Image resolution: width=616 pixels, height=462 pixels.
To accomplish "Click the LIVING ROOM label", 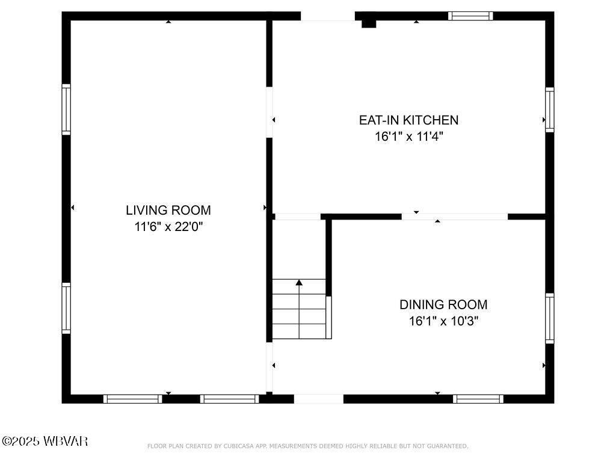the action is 168,210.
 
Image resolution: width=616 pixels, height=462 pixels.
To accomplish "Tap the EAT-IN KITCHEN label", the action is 408,120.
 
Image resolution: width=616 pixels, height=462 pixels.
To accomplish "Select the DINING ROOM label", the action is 443,304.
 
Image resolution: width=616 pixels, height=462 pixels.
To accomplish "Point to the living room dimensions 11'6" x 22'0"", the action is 168,227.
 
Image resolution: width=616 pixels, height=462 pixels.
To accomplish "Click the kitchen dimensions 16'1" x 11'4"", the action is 408,137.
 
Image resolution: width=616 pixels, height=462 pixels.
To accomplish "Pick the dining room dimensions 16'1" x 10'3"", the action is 443,321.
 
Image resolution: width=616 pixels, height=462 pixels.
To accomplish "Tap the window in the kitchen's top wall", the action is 470,16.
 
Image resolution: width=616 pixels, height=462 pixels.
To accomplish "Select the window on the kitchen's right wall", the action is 550,109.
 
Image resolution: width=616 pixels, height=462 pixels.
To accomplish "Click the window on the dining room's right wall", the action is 550,318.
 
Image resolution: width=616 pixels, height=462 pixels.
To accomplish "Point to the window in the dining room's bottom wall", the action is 478,399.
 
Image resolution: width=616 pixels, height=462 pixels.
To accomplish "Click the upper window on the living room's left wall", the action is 66,109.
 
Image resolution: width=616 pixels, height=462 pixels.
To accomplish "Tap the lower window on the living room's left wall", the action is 66,309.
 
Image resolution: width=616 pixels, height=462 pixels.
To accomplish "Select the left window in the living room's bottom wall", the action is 133,399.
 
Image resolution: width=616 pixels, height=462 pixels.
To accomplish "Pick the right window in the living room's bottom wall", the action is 229,399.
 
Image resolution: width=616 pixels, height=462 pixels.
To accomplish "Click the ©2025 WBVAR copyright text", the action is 45,441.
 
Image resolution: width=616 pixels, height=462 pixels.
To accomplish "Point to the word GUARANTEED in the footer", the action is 448,446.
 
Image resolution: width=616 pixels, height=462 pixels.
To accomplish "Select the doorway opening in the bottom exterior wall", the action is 319,399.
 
